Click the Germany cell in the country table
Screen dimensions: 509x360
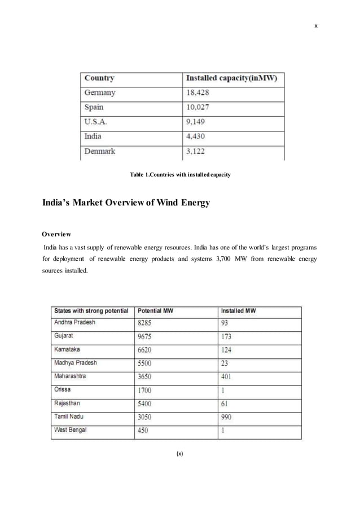click(100, 93)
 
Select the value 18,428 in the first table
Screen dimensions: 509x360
click(197, 93)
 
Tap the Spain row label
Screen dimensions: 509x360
click(94, 107)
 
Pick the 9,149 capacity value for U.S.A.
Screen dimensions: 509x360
click(196, 122)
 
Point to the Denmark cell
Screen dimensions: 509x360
click(100, 151)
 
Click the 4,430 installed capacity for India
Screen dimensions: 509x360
click(196, 137)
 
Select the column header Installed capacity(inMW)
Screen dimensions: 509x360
click(231, 78)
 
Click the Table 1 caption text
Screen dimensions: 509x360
click(179, 175)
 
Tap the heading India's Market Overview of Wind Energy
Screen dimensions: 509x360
click(126, 202)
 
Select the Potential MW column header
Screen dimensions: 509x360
click(156, 311)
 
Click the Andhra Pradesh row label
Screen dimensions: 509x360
click(74, 323)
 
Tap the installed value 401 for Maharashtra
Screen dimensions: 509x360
click(226, 376)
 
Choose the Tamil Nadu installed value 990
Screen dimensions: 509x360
click(226, 417)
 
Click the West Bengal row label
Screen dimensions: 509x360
click(71, 430)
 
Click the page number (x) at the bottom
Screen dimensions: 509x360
click(179, 453)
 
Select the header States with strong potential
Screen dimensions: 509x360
click(91, 311)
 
